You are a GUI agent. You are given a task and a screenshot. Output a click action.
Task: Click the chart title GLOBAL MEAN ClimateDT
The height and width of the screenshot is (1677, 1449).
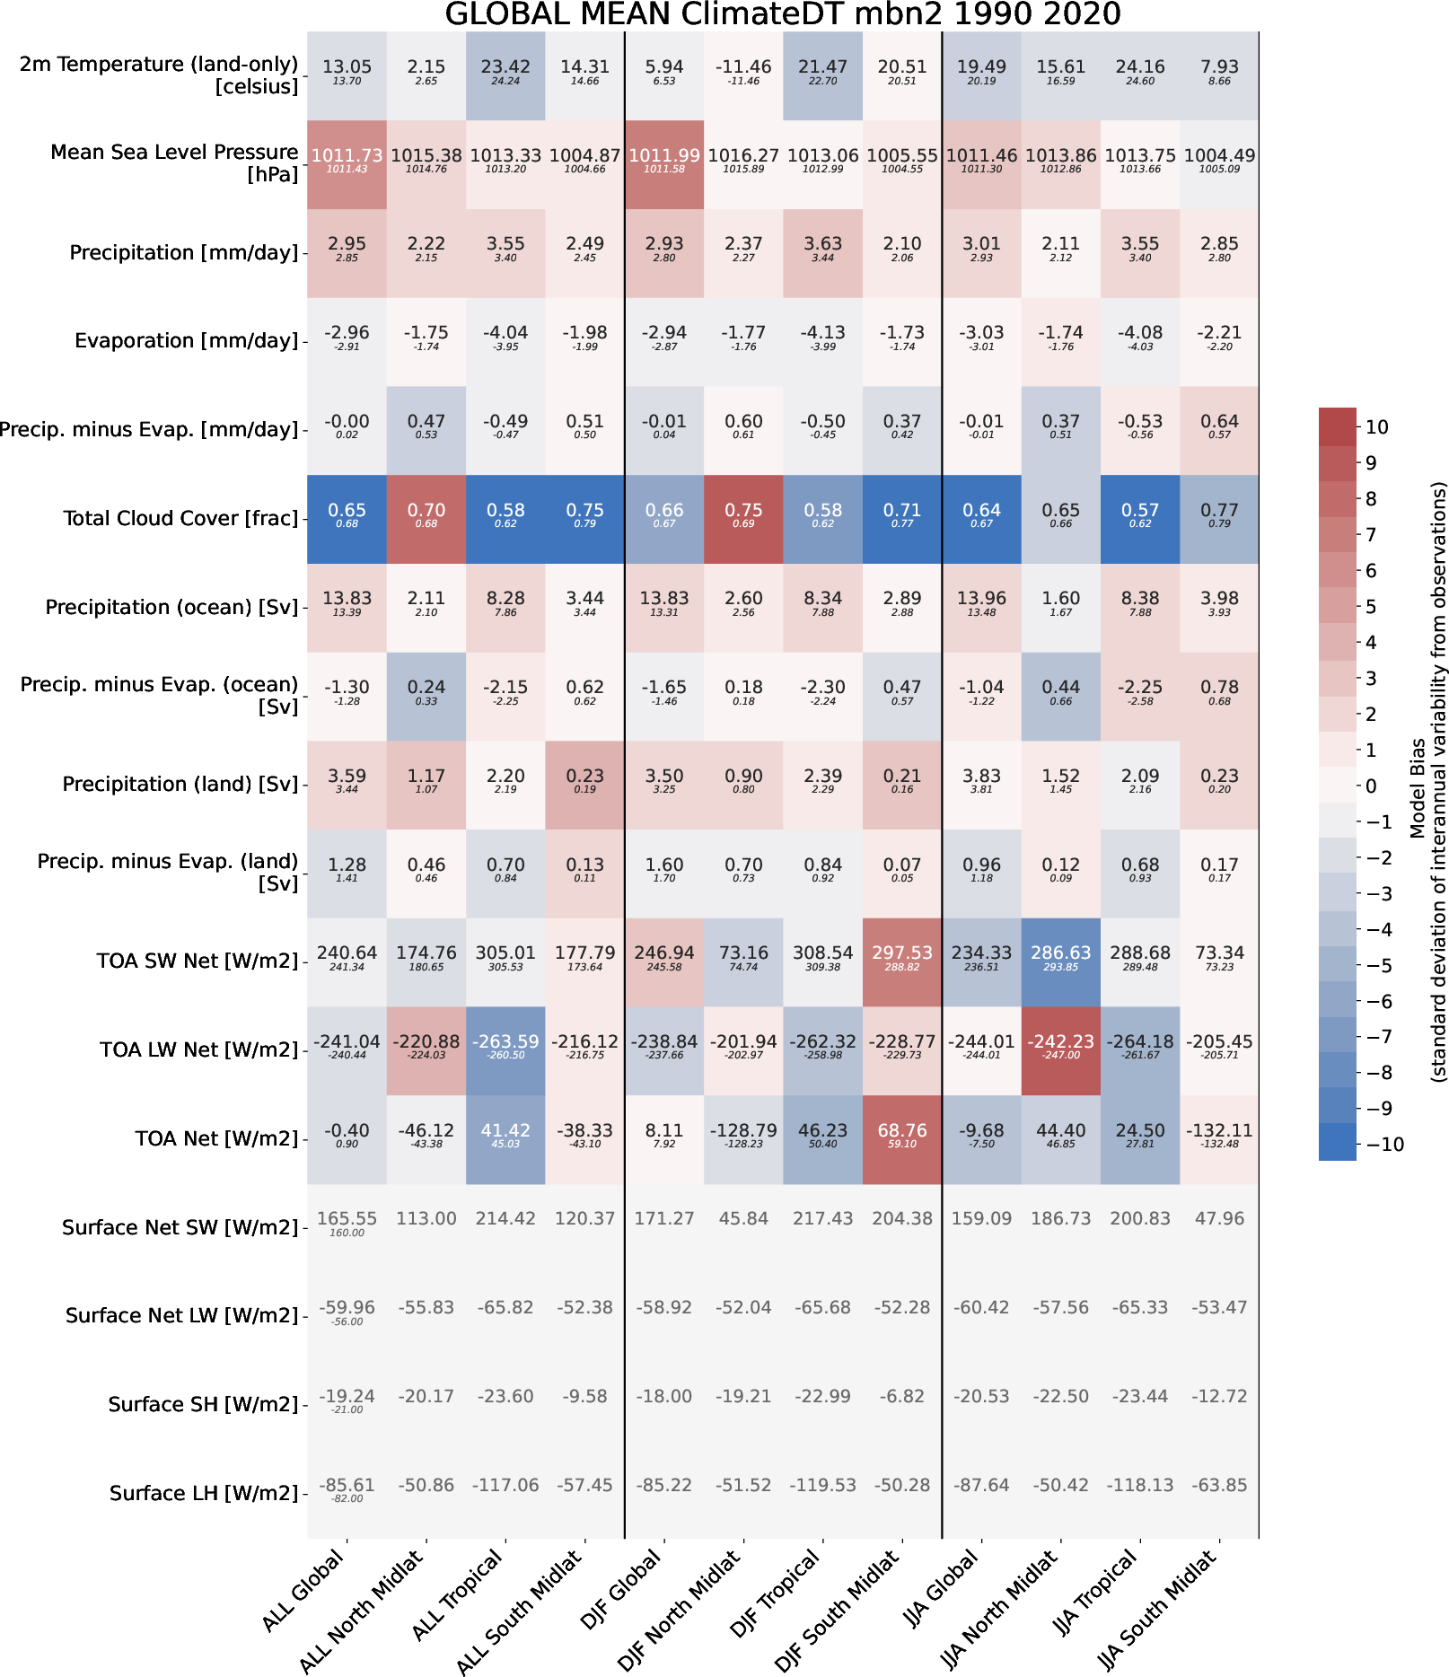782,14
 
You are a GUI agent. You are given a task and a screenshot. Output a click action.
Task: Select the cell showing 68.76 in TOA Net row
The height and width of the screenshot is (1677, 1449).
902,1138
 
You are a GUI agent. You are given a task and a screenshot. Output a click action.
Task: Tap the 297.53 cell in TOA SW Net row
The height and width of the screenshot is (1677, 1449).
902,961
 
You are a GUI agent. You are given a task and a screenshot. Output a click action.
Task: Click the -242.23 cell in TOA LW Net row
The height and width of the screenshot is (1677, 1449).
1061,1049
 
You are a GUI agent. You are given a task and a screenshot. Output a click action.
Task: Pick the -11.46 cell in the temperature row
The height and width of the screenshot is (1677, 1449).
743,75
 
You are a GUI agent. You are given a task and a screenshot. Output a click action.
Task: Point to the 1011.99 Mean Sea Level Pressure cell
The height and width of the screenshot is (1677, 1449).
664,163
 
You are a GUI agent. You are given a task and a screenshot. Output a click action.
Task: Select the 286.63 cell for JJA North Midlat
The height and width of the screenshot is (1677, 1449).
1061,961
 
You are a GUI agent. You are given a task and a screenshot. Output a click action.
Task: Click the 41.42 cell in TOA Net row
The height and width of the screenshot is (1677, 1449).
505,1138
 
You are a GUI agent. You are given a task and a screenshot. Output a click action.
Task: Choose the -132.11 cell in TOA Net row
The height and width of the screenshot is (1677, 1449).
1219,1138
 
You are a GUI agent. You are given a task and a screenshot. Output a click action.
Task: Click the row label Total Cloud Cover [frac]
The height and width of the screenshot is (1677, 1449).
180,519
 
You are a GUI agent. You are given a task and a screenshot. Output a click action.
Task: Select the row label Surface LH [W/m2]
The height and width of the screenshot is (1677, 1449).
203,1493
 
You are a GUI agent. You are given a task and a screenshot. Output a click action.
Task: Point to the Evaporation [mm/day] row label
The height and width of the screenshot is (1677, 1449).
186,341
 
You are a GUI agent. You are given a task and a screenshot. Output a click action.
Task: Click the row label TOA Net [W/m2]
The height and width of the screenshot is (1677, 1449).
215,1139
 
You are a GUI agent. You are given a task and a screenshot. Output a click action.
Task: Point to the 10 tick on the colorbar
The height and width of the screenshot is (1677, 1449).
1377,427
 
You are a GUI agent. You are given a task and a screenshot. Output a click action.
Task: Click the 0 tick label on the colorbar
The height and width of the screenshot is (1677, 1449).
1371,786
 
